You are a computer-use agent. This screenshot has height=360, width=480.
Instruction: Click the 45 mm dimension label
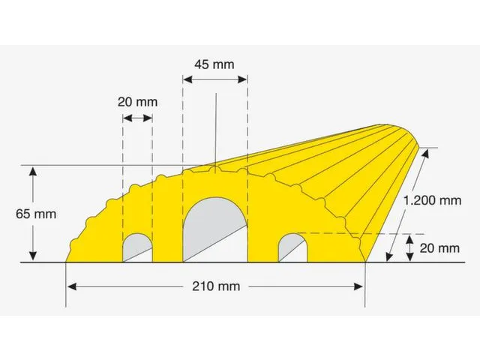(x=214, y=64)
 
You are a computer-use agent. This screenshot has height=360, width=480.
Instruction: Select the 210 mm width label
(x=216, y=286)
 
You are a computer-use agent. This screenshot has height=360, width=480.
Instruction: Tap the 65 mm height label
(x=36, y=214)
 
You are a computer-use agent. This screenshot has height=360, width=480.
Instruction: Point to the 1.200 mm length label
(x=432, y=201)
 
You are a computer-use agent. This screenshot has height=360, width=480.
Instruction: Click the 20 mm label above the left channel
(x=138, y=102)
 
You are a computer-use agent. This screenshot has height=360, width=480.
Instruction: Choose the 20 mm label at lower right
(x=439, y=248)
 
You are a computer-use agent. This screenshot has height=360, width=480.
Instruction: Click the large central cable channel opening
(x=215, y=229)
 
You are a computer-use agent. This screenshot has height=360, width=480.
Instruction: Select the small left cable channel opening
(x=137, y=247)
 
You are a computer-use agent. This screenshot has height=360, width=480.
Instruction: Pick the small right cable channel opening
(x=292, y=247)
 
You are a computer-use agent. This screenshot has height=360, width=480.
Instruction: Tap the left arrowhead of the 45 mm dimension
(x=187, y=79)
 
